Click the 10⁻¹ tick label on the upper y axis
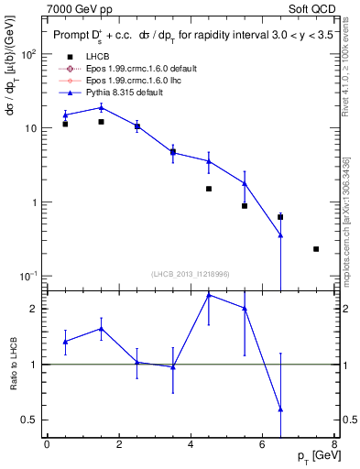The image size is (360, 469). click(27, 277)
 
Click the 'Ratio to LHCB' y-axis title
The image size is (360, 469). click(12, 365)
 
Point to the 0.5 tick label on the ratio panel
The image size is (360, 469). click(30, 420)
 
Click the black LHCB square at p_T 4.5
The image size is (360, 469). click(209, 189)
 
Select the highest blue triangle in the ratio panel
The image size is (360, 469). click(209, 295)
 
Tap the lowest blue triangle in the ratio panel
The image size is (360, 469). click(280, 409)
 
